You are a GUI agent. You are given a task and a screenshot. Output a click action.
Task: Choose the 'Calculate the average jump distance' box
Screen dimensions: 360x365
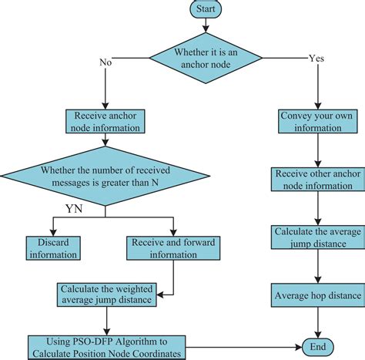315,236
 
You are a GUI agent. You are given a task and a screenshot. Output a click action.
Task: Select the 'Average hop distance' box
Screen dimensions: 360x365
315,294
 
